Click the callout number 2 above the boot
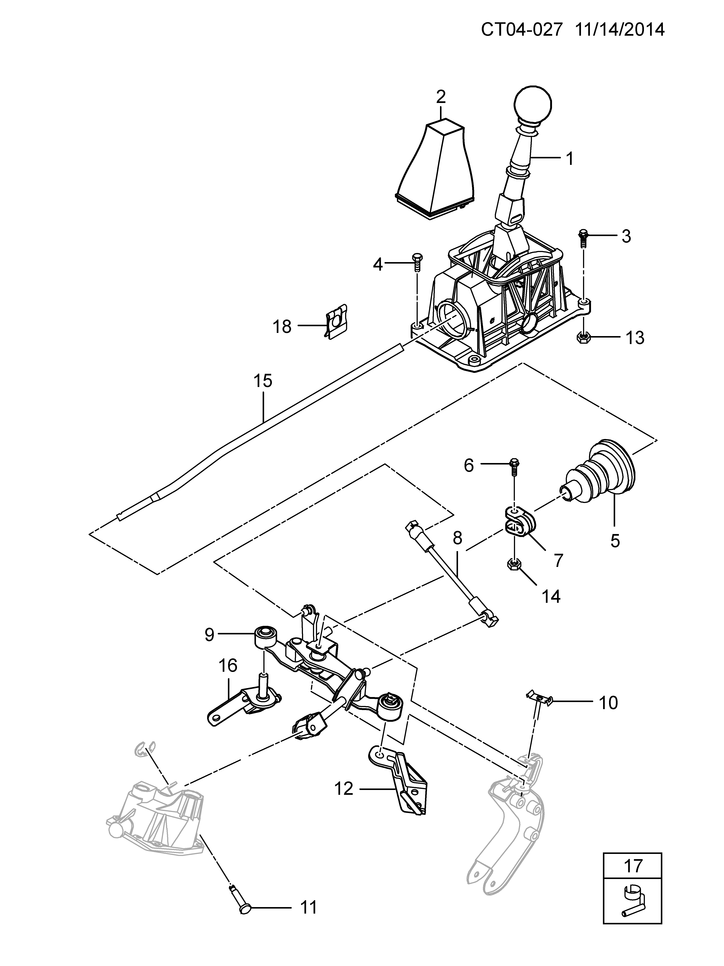point(441,96)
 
